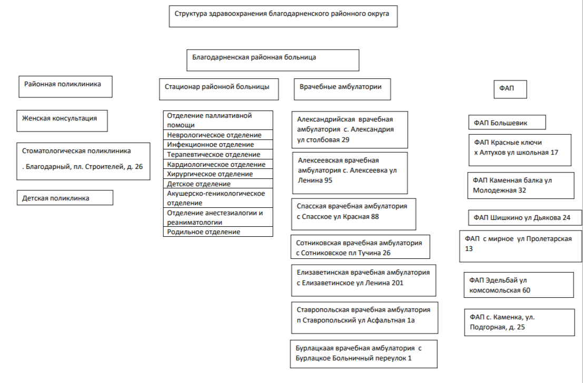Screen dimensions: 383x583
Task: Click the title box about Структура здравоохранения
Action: (283, 16)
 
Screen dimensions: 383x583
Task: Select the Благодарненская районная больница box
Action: (272, 60)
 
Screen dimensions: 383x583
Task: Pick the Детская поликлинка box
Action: (65, 198)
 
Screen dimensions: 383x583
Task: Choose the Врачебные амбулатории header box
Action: (342, 89)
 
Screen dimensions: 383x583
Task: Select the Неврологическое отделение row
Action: (218, 135)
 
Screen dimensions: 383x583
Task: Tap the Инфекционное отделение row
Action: (218, 145)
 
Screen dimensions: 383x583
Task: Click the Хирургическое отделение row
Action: (218, 174)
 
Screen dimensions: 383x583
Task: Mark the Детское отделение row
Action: (218, 184)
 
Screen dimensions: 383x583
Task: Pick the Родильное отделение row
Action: (218, 232)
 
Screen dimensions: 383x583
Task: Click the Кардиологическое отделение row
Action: (218, 165)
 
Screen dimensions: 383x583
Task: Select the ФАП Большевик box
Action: (507, 123)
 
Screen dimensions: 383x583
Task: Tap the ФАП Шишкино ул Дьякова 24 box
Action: (525, 217)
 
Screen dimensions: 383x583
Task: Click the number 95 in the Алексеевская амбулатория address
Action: (327, 180)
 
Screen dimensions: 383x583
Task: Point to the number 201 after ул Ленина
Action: (398, 283)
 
